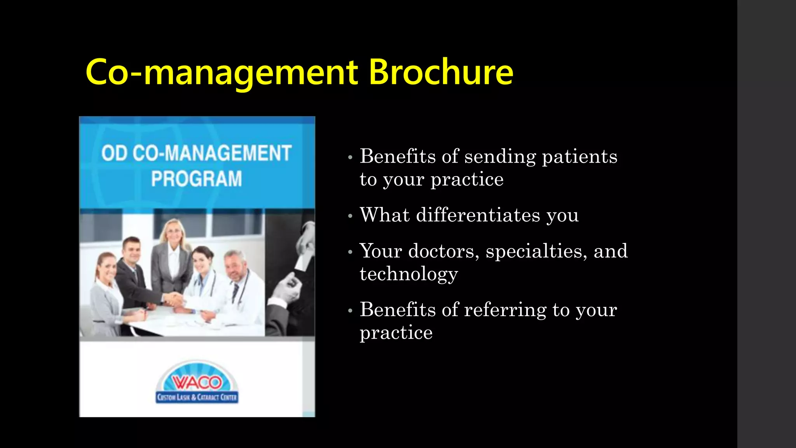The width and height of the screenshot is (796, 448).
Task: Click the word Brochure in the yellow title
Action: click(441, 72)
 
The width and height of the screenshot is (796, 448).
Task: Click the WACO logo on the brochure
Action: click(197, 382)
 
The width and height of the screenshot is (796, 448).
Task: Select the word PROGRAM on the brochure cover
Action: click(197, 179)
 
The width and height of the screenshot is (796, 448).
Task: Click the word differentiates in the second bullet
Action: click(478, 215)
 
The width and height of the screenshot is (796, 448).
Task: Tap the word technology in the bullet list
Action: click(408, 274)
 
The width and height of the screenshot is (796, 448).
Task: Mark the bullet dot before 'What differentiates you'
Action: click(350, 216)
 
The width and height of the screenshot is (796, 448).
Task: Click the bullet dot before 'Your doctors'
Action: click(350, 252)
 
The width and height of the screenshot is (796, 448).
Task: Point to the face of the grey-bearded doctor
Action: click(236, 267)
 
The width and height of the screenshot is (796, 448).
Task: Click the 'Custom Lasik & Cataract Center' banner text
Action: click(197, 397)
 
